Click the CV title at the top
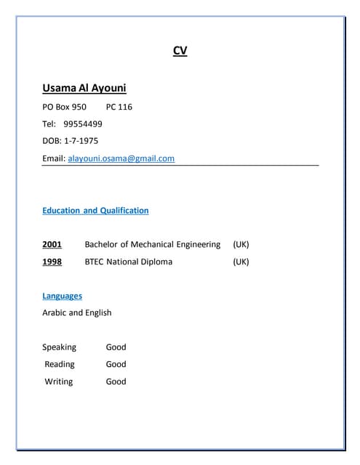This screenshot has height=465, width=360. click(x=180, y=51)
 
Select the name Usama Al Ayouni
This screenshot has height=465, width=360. click(x=84, y=88)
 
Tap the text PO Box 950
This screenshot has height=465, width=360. click(x=64, y=107)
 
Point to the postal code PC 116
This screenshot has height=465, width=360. click(x=119, y=107)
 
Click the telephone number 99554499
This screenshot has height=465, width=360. click(x=83, y=124)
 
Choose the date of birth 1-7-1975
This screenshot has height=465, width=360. click(x=82, y=140)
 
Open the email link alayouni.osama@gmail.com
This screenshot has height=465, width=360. click(x=121, y=158)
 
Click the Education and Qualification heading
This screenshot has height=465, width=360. click(x=95, y=211)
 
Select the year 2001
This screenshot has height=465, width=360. click(x=52, y=244)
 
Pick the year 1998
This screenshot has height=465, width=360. click(x=52, y=262)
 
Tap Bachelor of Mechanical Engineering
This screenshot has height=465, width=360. click(x=152, y=244)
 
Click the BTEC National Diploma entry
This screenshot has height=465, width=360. click(x=129, y=262)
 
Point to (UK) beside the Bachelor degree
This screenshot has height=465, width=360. click(x=241, y=244)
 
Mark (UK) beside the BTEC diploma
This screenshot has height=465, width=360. click(x=241, y=262)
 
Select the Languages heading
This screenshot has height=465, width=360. click(x=62, y=296)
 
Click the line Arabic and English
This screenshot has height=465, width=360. click(x=77, y=312)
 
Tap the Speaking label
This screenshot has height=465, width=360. click(x=59, y=347)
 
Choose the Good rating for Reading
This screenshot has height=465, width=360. click(x=116, y=364)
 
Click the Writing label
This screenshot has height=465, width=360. click(x=59, y=381)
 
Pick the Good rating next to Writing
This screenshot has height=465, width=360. click(x=116, y=381)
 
